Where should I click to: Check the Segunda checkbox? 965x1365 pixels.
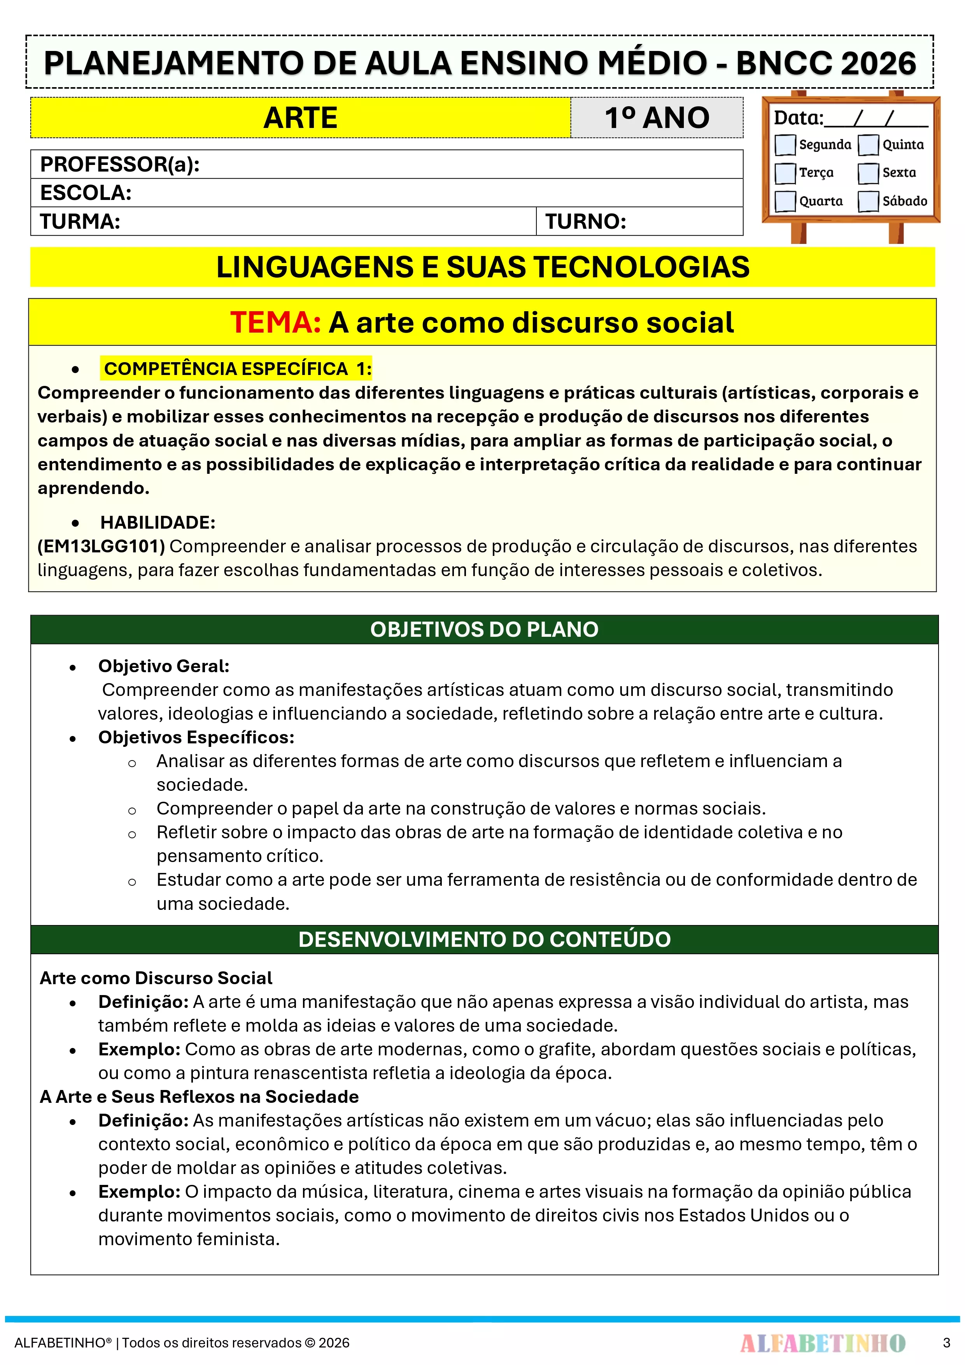click(x=785, y=144)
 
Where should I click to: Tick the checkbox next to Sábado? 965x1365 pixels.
click(x=868, y=201)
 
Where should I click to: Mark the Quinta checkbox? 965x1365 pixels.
click(x=868, y=144)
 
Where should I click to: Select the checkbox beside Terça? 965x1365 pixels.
click(x=785, y=173)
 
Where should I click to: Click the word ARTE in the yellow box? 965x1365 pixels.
click(x=300, y=118)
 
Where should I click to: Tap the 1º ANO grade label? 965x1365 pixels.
click(x=657, y=118)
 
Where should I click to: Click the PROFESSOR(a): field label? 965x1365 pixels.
click(x=119, y=164)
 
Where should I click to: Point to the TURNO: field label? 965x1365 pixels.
click(x=586, y=222)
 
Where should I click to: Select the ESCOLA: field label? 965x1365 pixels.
click(x=86, y=193)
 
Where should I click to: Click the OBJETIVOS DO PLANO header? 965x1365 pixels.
click(x=484, y=629)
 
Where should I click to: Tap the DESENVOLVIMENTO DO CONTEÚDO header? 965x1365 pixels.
click(x=484, y=939)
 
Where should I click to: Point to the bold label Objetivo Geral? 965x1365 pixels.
click(x=163, y=666)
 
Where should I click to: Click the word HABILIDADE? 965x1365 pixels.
click(x=158, y=522)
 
